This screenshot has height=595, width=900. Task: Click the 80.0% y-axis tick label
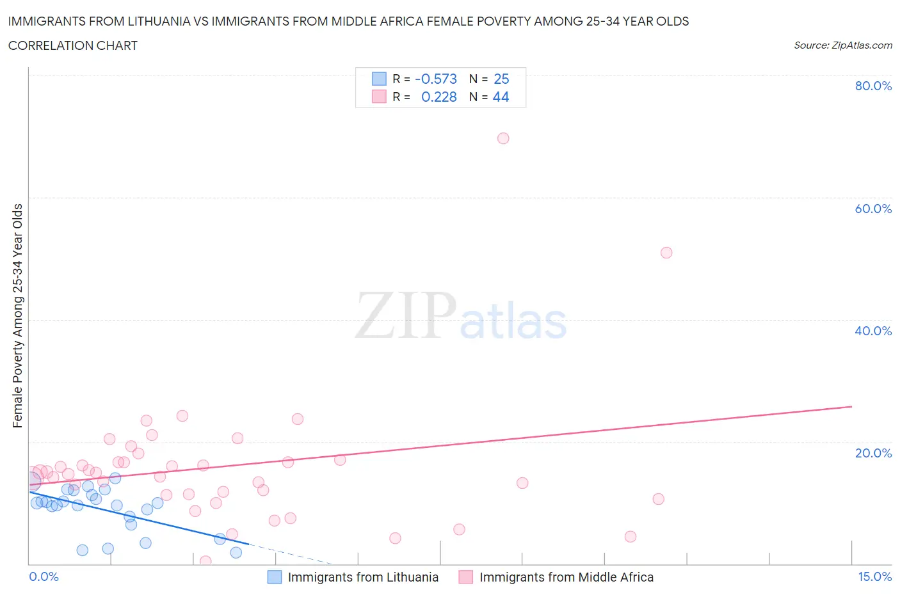click(x=873, y=86)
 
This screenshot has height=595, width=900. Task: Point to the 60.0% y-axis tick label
click(x=873, y=209)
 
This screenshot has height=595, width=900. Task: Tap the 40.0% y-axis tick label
click(x=873, y=331)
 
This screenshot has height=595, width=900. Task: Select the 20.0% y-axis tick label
click(x=873, y=453)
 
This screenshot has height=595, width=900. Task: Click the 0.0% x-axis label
click(x=44, y=576)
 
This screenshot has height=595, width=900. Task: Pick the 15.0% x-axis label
click(x=874, y=576)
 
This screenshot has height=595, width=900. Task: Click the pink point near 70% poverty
click(x=503, y=138)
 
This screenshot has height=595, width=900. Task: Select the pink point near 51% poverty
click(x=666, y=253)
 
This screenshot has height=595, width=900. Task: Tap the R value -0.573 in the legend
click(x=436, y=79)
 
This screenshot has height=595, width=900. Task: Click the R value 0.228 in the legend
click(x=438, y=97)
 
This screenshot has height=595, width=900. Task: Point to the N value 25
click(x=501, y=79)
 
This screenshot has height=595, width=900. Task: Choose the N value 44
click(x=501, y=97)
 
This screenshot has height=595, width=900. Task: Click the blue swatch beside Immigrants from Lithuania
click(x=275, y=577)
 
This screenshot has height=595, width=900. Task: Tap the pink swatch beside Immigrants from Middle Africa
click(x=466, y=577)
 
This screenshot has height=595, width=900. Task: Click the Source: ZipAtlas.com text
click(x=842, y=45)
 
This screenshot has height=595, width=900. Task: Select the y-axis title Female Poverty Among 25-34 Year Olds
click(x=17, y=315)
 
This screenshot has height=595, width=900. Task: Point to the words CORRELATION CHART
click(x=73, y=45)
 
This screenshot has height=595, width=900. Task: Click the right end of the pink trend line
click(x=851, y=406)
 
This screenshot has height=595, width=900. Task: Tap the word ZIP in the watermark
click(x=405, y=315)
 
